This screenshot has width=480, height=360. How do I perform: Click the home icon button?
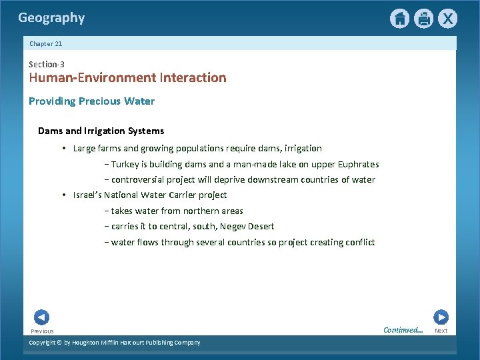(399, 19)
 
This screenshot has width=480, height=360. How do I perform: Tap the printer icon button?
(423, 19)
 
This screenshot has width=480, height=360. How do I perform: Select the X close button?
(447, 19)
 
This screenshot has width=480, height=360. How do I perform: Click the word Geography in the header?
(51, 18)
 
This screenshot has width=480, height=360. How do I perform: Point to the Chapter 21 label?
(46, 43)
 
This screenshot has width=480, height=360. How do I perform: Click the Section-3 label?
(47, 64)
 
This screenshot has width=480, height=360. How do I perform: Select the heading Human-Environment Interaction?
(127, 77)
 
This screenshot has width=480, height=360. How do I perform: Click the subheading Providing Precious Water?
(91, 101)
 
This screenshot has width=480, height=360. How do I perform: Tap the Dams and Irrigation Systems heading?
(101, 131)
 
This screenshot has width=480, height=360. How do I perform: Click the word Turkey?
(124, 164)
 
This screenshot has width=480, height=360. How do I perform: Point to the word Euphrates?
(357, 164)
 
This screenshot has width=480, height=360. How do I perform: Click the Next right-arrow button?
(441, 317)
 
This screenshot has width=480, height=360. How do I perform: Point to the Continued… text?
(403, 330)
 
